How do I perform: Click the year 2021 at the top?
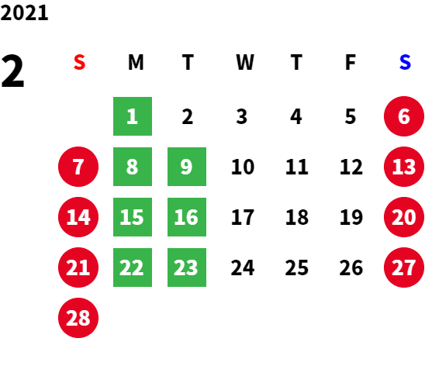(x=24, y=12)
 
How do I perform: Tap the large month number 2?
(x=12, y=71)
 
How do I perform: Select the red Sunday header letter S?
(x=79, y=62)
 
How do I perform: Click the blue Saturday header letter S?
(x=405, y=62)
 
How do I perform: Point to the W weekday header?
(x=245, y=62)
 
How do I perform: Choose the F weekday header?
(x=351, y=62)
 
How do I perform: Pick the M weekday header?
(x=136, y=62)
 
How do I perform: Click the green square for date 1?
(x=133, y=116)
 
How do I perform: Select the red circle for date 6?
(x=404, y=116)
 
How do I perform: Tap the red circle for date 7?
(x=78, y=167)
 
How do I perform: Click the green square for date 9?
(x=187, y=167)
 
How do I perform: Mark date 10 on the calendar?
(x=243, y=167)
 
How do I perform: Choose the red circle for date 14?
(x=78, y=217)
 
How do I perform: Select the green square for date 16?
(x=187, y=217)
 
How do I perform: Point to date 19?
(x=351, y=217)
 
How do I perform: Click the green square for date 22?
(x=133, y=267)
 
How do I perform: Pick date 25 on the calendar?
(x=297, y=267)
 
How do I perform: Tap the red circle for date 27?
(x=404, y=267)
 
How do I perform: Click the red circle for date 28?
(x=78, y=318)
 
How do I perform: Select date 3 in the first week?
(x=242, y=116)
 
